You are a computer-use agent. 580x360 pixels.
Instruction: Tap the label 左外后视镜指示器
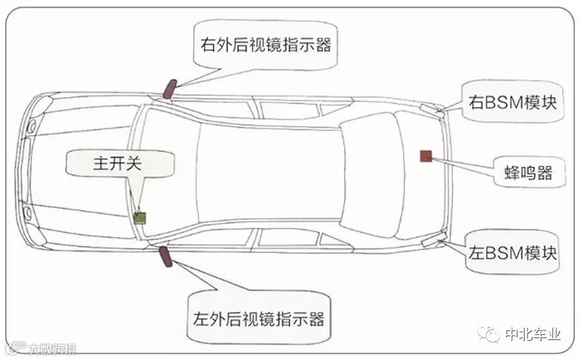(x=258, y=318)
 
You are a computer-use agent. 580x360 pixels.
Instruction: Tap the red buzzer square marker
(x=425, y=155)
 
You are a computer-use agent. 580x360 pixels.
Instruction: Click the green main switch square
(x=140, y=217)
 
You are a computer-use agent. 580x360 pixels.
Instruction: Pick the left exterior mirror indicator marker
(x=165, y=256)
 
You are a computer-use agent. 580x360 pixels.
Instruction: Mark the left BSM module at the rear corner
(x=430, y=242)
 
